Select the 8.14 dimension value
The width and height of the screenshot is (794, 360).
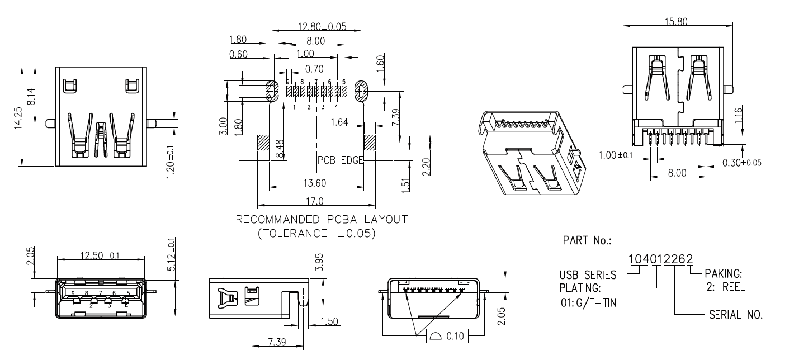click(31, 96)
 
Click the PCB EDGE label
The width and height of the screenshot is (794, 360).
click(340, 160)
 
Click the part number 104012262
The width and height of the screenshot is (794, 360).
click(661, 259)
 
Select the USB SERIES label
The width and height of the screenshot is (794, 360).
click(588, 275)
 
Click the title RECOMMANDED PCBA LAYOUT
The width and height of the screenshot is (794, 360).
click(322, 219)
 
